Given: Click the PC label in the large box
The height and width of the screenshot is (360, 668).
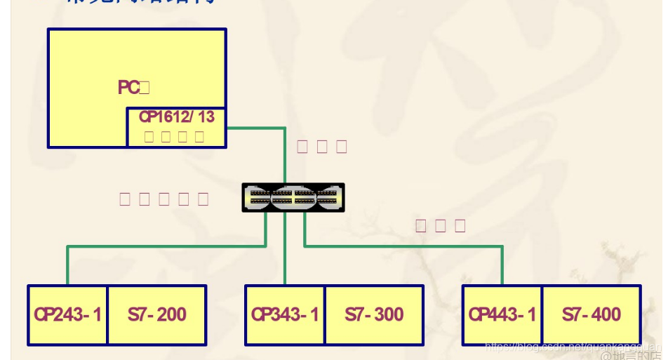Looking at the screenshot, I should [x=129, y=88].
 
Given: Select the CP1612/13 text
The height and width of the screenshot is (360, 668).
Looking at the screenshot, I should [x=176, y=117].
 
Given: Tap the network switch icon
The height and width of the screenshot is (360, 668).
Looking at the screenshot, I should [x=293, y=197].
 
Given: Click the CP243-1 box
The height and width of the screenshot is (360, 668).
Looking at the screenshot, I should [x=68, y=314].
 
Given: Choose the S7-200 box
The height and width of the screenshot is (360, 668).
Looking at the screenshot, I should [x=157, y=314].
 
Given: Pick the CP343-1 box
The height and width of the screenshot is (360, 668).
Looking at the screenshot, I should [x=285, y=314].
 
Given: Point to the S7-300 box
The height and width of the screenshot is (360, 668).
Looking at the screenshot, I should [x=374, y=314].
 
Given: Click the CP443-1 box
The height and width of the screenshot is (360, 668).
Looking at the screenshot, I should [x=502, y=314].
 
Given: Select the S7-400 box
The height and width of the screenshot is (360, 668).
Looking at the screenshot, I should [x=592, y=314].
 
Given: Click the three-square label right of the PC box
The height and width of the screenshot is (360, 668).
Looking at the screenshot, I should [x=322, y=147].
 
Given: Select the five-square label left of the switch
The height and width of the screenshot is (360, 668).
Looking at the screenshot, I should [x=164, y=199].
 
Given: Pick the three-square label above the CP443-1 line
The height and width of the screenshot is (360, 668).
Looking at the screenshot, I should [x=441, y=225].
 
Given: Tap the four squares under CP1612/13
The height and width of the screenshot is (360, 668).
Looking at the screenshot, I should [x=175, y=136].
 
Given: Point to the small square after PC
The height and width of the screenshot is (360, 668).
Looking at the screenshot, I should [x=145, y=88].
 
